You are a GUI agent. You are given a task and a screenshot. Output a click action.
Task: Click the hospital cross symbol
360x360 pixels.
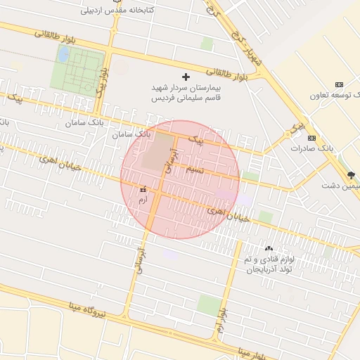tap(186, 76)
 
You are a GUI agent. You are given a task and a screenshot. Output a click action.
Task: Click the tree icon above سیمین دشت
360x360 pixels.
tap(352, 174)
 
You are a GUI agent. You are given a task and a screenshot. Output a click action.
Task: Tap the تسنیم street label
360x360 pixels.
tap(194, 171)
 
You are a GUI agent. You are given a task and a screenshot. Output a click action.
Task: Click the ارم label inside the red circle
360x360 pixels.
tap(143, 200)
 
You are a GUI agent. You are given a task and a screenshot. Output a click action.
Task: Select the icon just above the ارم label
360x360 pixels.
tap(143, 189)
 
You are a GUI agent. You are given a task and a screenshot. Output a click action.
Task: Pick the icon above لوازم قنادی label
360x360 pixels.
tap(269, 248)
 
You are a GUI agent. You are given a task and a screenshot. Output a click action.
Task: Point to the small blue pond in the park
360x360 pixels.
tap(64, 53)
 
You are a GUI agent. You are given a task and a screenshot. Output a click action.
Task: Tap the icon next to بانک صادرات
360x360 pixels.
tap(312, 138)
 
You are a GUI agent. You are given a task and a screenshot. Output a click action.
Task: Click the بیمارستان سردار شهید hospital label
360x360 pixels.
tap(186, 93)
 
